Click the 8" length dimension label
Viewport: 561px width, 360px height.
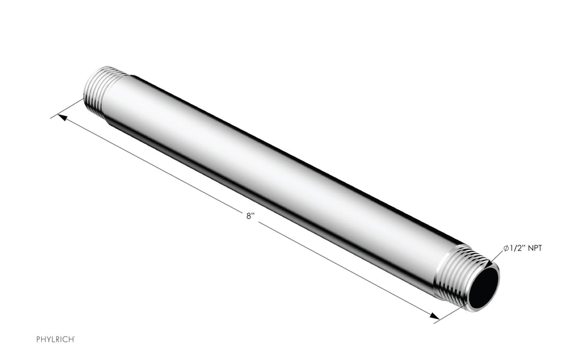point(249,216)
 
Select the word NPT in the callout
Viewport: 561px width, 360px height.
point(534,249)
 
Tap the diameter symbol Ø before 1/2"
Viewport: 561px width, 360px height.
point(507,249)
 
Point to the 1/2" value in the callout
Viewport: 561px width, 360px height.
point(518,249)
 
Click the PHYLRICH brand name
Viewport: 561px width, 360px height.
point(55,338)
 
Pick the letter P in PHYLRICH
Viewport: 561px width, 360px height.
point(38,338)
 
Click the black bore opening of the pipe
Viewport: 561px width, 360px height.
point(484,285)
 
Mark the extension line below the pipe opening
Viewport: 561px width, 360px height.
point(450,315)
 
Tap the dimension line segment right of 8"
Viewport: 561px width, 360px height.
point(343,269)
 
